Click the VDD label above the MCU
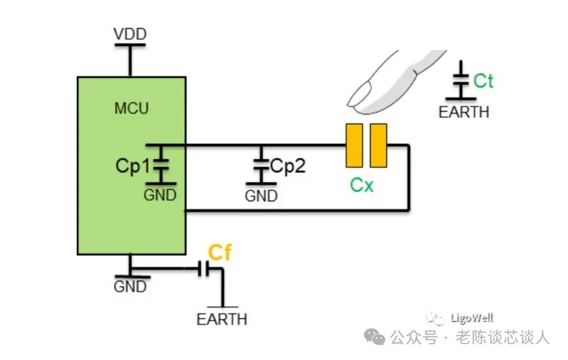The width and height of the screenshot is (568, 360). (130, 35)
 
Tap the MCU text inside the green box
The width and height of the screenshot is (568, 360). (131, 108)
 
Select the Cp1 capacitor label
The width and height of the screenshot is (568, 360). (132, 166)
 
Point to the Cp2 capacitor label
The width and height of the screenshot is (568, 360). (288, 166)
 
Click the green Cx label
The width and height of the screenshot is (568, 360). (362, 185)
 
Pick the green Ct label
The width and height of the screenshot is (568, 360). (483, 81)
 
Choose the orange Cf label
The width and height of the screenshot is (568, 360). (220, 252)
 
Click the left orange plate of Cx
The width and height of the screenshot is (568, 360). (354, 146)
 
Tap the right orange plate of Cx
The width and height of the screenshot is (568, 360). (378, 146)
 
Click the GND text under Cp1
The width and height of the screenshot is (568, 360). (160, 195)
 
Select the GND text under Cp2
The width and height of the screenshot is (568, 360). (261, 196)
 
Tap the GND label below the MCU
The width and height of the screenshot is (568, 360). (130, 287)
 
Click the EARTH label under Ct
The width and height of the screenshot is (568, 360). (463, 112)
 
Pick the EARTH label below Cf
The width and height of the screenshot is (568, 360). (222, 319)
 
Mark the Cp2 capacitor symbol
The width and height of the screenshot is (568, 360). (261, 165)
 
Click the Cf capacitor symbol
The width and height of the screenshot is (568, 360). (204, 269)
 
